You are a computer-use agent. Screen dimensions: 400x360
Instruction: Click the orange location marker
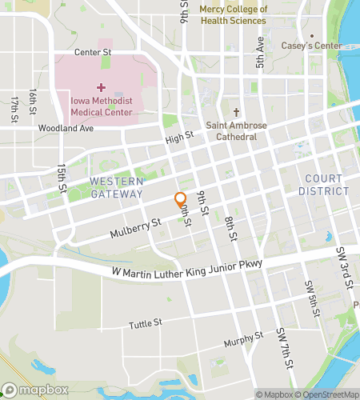tap(181, 200)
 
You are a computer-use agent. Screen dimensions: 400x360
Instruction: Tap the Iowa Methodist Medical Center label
tap(102, 106)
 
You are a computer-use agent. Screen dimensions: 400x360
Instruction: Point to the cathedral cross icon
tap(235, 113)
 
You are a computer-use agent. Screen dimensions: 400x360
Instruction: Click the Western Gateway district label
tap(116, 187)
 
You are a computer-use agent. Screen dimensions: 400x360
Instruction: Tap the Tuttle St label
tap(146, 324)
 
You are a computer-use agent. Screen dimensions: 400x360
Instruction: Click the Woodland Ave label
tap(66, 128)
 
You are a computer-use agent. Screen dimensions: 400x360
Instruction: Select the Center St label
tap(92, 53)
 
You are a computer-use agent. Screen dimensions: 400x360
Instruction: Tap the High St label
tap(180, 138)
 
